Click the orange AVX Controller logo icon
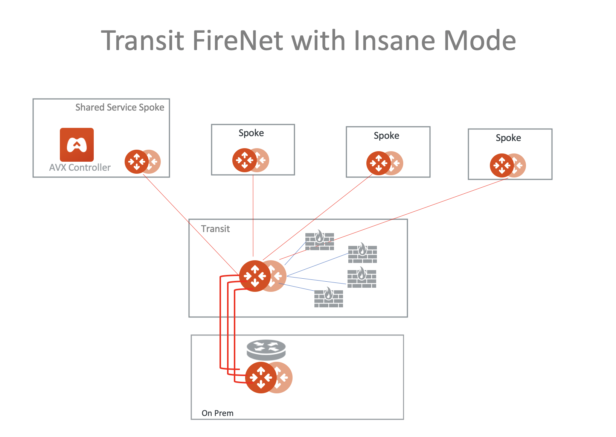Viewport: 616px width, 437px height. [77, 145]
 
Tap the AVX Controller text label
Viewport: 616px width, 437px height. [80, 168]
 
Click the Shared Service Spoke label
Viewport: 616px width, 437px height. [120, 108]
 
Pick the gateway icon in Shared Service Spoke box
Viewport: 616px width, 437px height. [137, 162]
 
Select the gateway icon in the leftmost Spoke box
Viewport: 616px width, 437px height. [245, 160]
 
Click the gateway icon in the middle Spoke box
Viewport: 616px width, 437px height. [379, 163]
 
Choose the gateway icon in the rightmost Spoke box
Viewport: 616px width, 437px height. [502, 165]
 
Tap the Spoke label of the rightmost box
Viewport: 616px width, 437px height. [508, 138]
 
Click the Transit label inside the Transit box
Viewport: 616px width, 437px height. [215, 229]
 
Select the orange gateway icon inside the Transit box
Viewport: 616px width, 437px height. [255, 276]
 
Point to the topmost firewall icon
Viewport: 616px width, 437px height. [319, 241]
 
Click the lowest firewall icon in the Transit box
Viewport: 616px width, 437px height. [329, 298]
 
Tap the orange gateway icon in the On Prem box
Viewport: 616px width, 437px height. [261, 378]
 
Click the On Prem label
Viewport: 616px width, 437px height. [218, 413]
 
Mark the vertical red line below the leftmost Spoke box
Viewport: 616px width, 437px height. [253, 214]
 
